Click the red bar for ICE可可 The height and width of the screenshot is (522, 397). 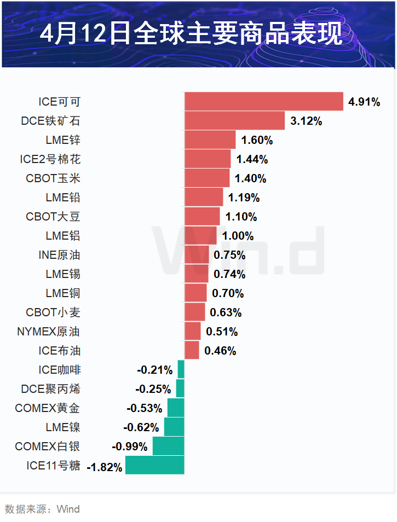pyautogui.click(x=263, y=101)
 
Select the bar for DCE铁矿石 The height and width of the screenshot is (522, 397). pyautogui.click(x=234, y=120)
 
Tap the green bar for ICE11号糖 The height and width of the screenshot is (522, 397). pyautogui.click(x=154, y=466)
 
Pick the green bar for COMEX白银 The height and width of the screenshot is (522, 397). pyautogui.click(x=168, y=446)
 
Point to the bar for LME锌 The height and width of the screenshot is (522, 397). pyautogui.click(x=210, y=140)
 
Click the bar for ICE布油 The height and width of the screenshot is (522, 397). pyautogui.click(x=192, y=350)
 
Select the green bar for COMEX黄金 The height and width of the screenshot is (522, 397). pyautogui.click(x=176, y=408)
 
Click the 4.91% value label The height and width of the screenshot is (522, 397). pyautogui.click(x=364, y=102)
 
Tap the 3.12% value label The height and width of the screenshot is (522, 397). pyautogui.click(x=306, y=121)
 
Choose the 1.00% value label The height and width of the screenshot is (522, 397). pyautogui.click(x=238, y=236)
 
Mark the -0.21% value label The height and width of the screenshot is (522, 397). pyautogui.click(x=154, y=370)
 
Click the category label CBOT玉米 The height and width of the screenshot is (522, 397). pyautogui.click(x=53, y=178)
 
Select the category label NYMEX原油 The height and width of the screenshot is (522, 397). pyautogui.click(x=49, y=332)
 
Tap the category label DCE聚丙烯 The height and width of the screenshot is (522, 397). pyautogui.click(x=51, y=389)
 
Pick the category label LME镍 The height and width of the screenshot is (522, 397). pyautogui.click(x=63, y=427)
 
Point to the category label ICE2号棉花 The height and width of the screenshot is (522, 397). pyautogui.click(x=50, y=159)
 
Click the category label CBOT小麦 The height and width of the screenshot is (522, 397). pyautogui.click(x=53, y=312)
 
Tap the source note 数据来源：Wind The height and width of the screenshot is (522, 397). pyautogui.click(x=42, y=509)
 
